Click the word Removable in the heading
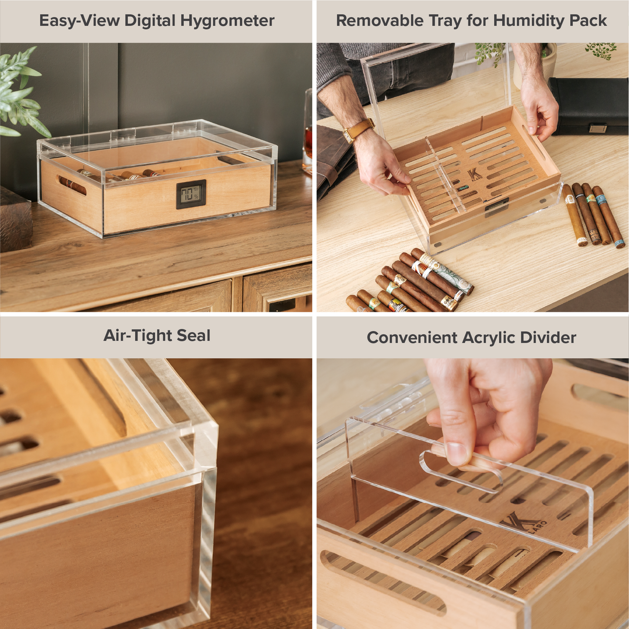(380, 20)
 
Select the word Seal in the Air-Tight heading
(194, 336)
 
